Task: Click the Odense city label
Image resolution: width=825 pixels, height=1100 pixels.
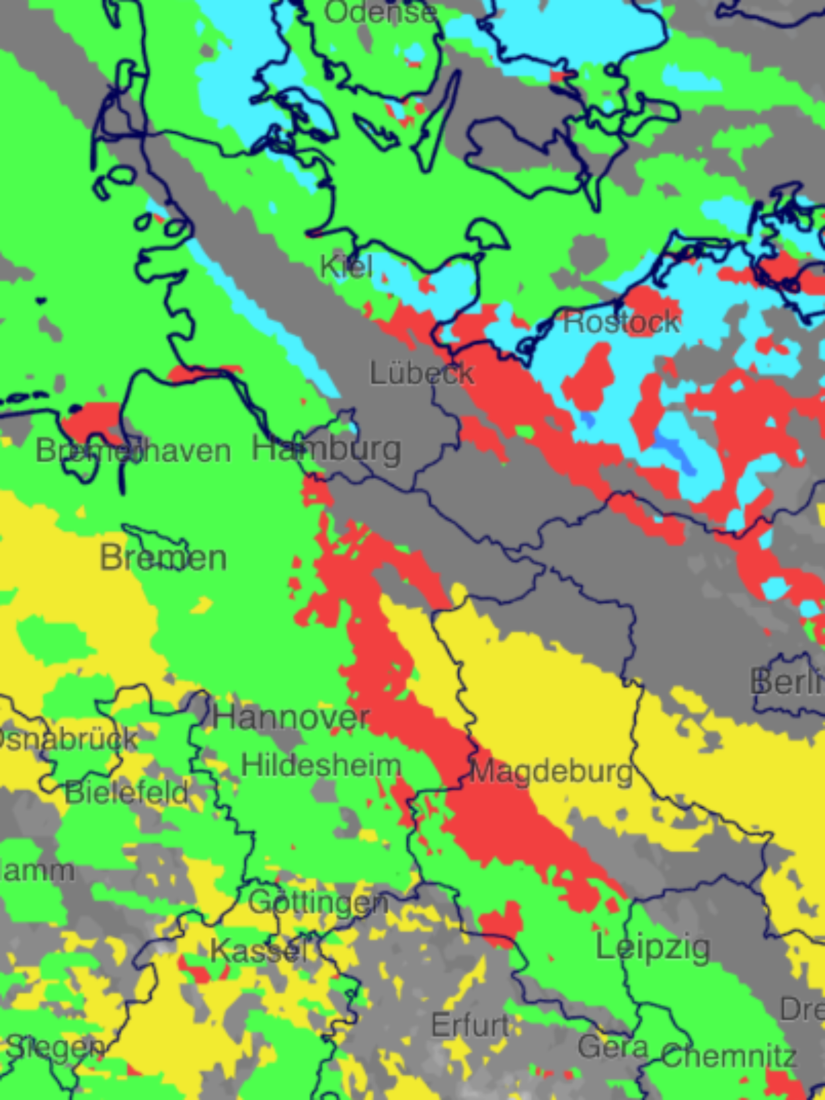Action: pyautogui.click(x=380, y=12)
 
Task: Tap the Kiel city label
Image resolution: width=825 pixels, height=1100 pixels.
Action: pyautogui.click(x=346, y=267)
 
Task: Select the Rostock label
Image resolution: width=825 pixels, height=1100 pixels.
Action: pyautogui.click(x=621, y=322)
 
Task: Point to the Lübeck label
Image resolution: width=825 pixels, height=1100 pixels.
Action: pyautogui.click(x=422, y=373)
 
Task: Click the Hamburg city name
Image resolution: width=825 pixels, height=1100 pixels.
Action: pyautogui.click(x=326, y=449)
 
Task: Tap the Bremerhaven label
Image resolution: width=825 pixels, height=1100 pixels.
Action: pyautogui.click(x=133, y=451)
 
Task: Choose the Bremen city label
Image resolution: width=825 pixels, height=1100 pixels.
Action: pyautogui.click(x=163, y=558)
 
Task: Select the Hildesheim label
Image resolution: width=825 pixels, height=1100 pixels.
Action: pyautogui.click(x=321, y=765)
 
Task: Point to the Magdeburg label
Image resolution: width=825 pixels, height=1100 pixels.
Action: pyautogui.click(x=551, y=772)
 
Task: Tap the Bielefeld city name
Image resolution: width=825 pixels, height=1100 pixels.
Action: pyautogui.click(x=126, y=792)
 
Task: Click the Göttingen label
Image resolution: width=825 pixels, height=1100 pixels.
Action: pyautogui.click(x=318, y=902)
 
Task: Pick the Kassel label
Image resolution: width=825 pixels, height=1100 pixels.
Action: pyautogui.click(x=256, y=951)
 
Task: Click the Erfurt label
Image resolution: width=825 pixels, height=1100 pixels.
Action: pyautogui.click(x=470, y=1026)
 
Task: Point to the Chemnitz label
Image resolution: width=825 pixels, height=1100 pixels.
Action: pyautogui.click(x=729, y=1056)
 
